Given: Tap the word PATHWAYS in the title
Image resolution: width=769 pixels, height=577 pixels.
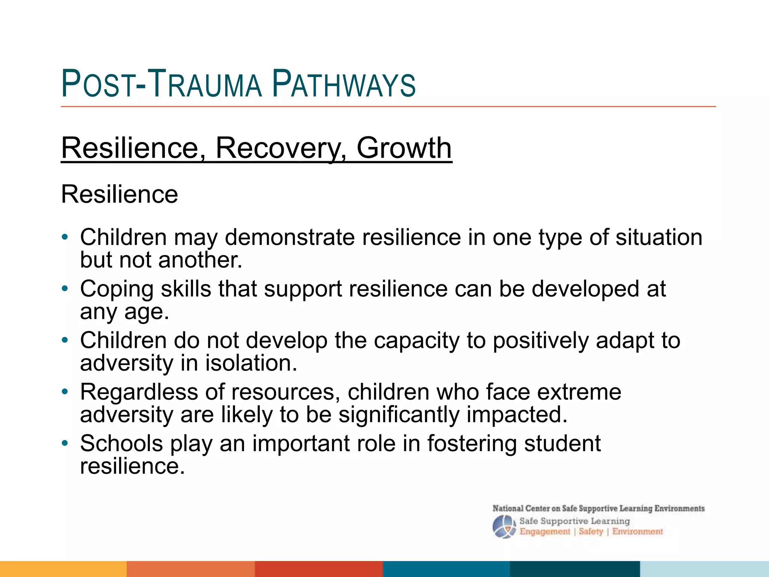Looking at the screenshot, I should coord(344,84).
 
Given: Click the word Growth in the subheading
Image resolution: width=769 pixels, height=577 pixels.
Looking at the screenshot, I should coord(404,148).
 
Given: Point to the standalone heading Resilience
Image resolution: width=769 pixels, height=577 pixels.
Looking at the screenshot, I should coord(119,195).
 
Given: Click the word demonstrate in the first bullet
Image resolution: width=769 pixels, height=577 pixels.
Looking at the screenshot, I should coord(290,237).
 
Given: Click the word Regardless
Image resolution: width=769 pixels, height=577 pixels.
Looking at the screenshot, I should coord(139,392).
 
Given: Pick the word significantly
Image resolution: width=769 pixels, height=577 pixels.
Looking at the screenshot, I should coord(399,415).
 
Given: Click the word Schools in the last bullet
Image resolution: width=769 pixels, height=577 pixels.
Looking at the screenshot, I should coord(121,443).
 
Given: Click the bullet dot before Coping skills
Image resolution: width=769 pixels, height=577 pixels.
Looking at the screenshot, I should coord(65,289).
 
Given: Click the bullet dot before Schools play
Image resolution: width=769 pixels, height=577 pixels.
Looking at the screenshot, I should coord(65,444).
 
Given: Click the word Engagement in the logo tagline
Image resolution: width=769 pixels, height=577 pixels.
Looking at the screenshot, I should coord(544,532).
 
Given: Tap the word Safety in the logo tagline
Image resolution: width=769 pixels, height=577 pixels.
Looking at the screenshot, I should coord(591,532).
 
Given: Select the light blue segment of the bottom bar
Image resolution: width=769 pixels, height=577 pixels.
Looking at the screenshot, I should coord(704,569).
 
